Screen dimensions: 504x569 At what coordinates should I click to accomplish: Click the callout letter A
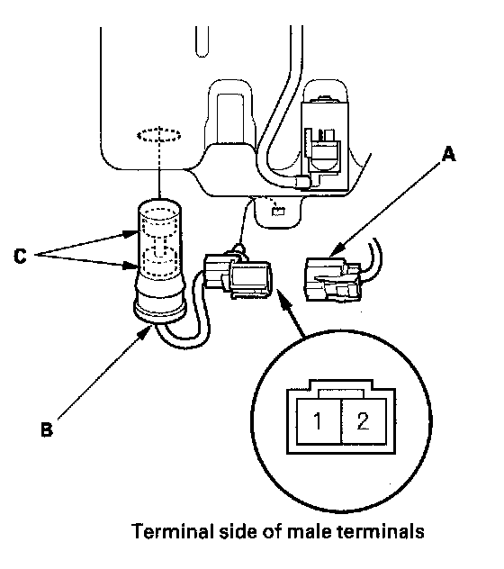pos(449,154)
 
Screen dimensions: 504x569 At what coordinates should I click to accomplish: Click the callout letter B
pos(47,429)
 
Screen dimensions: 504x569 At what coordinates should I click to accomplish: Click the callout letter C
pos(20,257)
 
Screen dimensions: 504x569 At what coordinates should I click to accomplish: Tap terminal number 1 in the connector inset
pos(318,421)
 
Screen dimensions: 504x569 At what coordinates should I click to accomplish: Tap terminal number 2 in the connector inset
pos(363,421)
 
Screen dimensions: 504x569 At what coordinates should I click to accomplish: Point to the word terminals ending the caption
pos(381,532)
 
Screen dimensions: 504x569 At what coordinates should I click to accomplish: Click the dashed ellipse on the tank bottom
pos(159,135)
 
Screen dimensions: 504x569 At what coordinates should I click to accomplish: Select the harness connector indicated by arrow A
pos(333,279)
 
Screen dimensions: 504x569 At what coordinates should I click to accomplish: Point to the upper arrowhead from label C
pos(130,234)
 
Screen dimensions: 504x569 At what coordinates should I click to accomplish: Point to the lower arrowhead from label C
pos(130,266)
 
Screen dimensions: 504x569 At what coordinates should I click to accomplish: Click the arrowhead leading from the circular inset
pos(282,294)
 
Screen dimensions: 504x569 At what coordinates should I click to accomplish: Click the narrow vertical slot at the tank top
pos(202,41)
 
